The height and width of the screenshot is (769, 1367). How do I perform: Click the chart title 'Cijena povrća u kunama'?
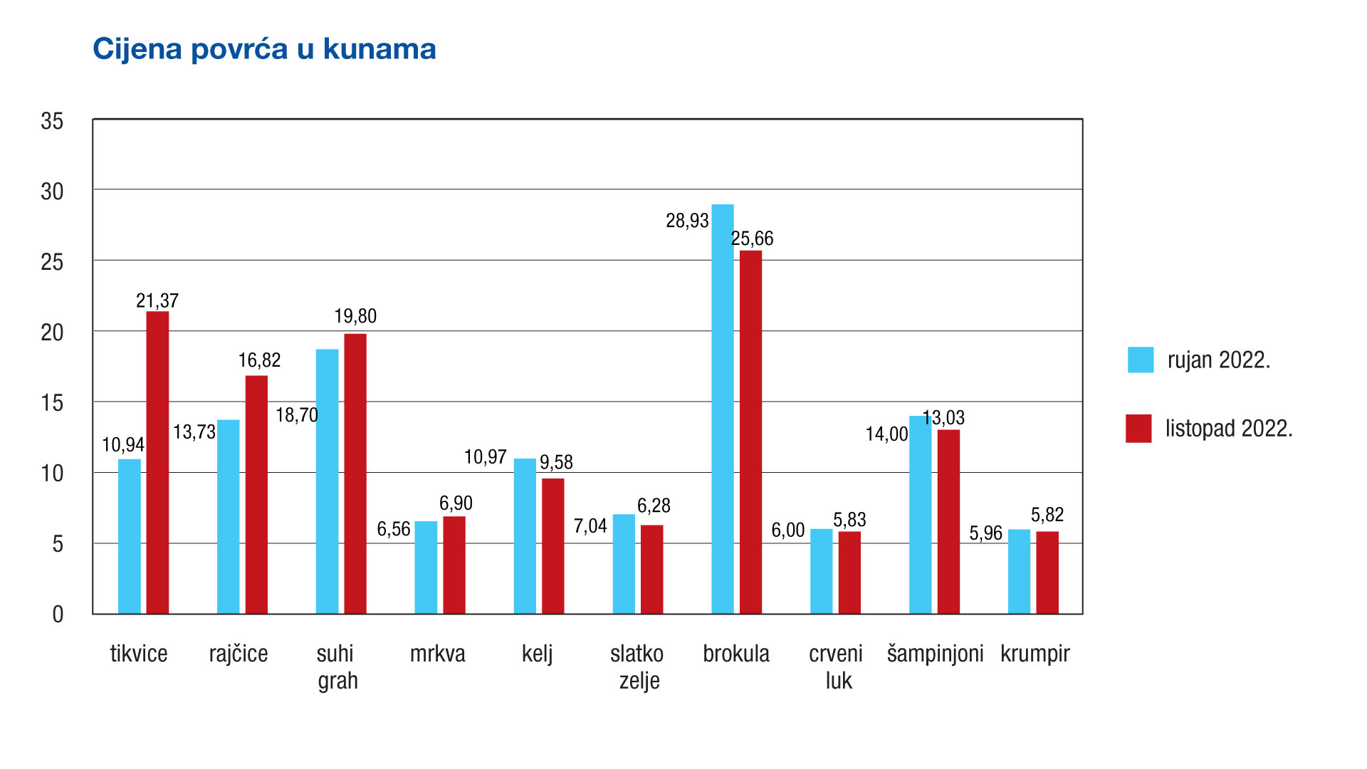point(264,49)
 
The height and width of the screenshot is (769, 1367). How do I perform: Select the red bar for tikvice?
point(157,463)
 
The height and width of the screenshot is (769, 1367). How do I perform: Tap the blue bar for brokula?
point(723,409)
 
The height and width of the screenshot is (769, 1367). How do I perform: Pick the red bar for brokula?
point(750,432)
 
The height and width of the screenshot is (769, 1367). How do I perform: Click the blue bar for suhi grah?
point(327,481)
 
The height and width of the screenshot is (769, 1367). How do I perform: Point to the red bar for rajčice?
point(256,495)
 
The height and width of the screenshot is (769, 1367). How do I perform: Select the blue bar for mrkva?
point(426,567)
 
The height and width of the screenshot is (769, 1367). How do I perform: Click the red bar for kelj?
point(552,546)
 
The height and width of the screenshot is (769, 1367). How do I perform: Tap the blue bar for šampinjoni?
point(920,515)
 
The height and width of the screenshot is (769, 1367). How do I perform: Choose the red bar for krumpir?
point(1047,572)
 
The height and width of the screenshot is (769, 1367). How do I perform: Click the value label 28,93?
point(687,221)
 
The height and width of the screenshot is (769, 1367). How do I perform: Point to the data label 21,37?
point(157,300)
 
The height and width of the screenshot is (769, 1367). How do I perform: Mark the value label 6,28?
point(654,506)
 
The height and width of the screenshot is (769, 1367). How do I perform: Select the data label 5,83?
point(849,520)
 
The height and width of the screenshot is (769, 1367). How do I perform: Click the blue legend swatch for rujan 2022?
point(1140,360)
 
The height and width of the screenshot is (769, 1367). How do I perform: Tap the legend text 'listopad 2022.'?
point(1229,429)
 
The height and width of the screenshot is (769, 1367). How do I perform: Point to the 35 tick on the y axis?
point(52,121)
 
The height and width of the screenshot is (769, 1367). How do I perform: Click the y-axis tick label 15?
point(52,403)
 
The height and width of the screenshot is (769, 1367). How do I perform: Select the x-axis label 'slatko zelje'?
point(637,666)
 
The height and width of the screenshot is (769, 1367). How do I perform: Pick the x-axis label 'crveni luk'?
point(836,666)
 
